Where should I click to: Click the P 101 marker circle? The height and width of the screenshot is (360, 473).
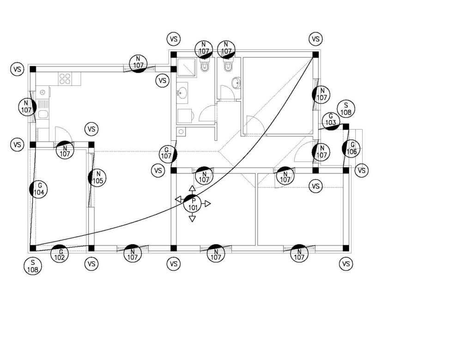click(193, 204)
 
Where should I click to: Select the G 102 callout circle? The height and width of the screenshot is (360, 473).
click(59, 254)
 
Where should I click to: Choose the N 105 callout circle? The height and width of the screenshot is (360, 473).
click(97, 178)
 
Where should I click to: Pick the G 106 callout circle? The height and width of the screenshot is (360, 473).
click(352, 148)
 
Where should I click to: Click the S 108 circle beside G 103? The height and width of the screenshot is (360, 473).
click(346, 108)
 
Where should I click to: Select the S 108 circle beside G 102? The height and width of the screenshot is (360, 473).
click(32, 266)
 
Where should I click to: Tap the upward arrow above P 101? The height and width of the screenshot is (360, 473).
click(192, 188)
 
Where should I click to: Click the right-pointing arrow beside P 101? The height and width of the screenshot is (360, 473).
click(207, 204)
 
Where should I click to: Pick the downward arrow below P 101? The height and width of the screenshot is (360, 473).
click(192, 218)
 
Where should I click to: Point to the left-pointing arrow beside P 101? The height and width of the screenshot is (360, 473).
click(178, 199)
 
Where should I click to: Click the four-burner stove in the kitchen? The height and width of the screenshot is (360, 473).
click(65, 79)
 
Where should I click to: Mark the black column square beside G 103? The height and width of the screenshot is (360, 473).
click(346, 126)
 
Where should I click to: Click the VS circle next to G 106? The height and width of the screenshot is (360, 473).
click(362, 171)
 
